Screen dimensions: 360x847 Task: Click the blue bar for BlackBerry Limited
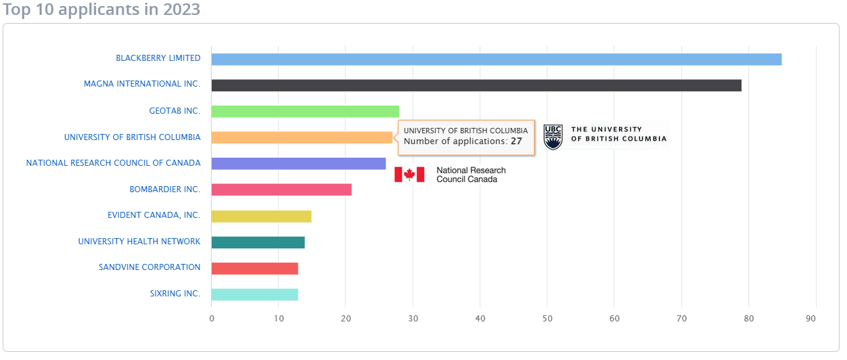coord(496,60)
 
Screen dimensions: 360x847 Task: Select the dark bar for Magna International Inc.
coord(476,85)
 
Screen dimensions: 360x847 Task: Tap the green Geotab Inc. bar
coord(305,111)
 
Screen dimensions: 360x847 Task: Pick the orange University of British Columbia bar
coord(302,137)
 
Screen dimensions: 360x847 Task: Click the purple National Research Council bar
coord(298,164)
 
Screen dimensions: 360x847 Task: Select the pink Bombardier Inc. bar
coord(281,189)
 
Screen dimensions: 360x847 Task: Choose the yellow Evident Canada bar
coord(261,216)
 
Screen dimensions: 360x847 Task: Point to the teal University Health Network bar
coord(258,242)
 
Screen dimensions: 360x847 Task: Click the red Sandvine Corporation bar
coord(254,268)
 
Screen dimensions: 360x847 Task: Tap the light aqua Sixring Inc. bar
coord(254,294)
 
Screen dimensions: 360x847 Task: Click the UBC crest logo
coord(553,137)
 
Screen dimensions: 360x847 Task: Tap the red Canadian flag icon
coord(409,175)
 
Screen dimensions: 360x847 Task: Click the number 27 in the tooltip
coord(516,142)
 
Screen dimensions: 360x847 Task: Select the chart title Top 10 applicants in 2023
coord(101,9)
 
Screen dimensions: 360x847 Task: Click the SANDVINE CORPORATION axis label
coord(150,267)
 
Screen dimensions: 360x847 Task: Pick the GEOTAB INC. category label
coord(175,111)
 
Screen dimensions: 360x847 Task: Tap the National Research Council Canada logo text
coord(471,175)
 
